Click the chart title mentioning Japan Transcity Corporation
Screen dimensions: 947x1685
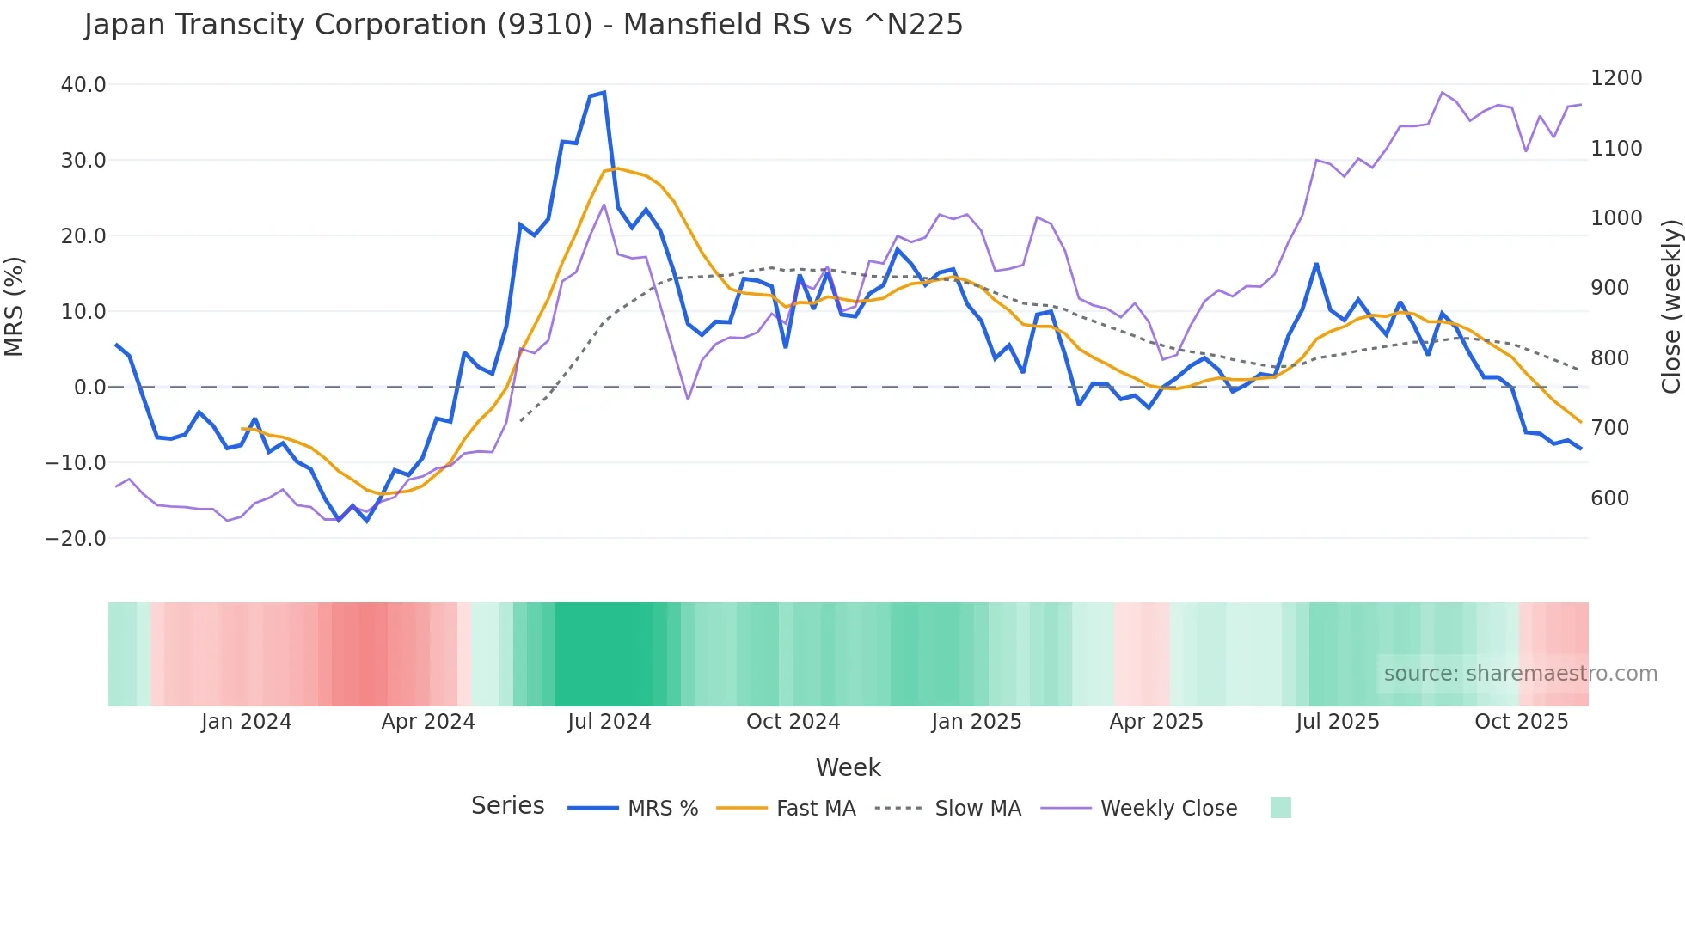point(523,25)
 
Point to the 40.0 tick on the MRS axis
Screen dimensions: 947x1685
point(83,85)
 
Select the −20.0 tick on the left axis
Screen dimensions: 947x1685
point(76,539)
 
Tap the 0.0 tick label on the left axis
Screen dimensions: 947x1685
point(89,388)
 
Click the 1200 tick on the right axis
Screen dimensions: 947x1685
point(1616,78)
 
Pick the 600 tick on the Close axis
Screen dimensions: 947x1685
point(1609,498)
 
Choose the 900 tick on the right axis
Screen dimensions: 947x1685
point(1609,288)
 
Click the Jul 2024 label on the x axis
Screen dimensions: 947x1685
point(609,722)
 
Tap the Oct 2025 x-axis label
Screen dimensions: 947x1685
point(1521,722)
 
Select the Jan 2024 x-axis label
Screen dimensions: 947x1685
point(246,722)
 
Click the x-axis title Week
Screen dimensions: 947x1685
point(848,767)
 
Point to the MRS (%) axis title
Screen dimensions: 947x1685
point(15,307)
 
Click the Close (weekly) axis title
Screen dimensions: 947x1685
point(1670,307)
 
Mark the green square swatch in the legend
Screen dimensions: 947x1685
point(1280,808)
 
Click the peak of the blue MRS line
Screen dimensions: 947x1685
point(604,92)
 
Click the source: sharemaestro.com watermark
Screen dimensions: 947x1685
point(1520,674)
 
